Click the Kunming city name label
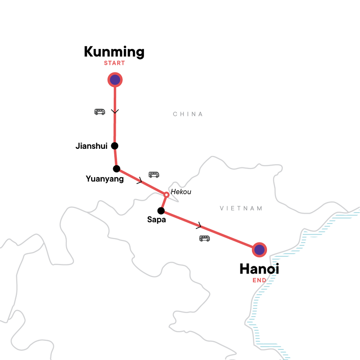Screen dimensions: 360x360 pyautogui.click(x=114, y=52)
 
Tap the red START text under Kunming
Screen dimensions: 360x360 pyautogui.click(x=114, y=63)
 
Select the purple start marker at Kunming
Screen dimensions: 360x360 pyautogui.click(x=115, y=80)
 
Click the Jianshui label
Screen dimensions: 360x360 pyautogui.click(x=91, y=146)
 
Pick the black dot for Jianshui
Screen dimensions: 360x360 pyautogui.click(x=115, y=146)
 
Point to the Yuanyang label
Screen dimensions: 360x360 pyautogui.click(x=105, y=179)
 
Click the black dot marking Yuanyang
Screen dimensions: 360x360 pyautogui.click(x=117, y=169)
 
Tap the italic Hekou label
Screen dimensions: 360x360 pyautogui.click(x=181, y=192)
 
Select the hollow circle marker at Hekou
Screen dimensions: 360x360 pyautogui.click(x=167, y=195)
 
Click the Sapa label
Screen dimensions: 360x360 pyautogui.click(x=156, y=220)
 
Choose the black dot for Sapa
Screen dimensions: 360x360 pyautogui.click(x=161, y=211)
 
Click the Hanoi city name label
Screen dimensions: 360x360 pyautogui.click(x=259, y=269)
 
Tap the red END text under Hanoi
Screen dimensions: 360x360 pyautogui.click(x=259, y=280)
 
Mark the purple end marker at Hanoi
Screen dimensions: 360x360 pyautogui.click(x=259, y=250)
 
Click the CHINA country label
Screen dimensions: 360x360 pyautogui.click(x=188, y=114)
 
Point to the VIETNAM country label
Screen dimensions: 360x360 pyautogui.click(x=241, y=208)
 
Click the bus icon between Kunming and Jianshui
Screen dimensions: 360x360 pyautogui.click(x=100, y=112)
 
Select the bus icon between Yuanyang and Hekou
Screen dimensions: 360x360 pyautogui.click(x=154, y=175)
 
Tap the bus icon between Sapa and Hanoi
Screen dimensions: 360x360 pyautogui.click(x=204, y=239)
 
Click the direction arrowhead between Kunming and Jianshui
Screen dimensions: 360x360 pyautogui.click(x=115, y=111)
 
